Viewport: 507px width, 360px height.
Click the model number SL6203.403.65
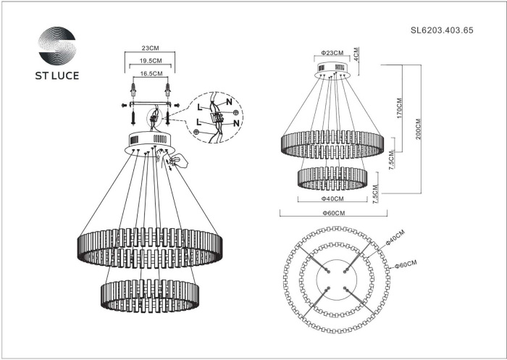tap(442, 30)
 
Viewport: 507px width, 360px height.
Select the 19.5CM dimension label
tap(149, 62)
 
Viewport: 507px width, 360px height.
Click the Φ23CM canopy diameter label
tap(332, 53)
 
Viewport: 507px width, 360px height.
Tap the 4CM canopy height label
tap(357, 54)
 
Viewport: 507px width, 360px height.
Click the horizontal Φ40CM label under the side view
tap(332, 198)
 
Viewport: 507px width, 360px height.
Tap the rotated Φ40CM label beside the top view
tap(395, 239)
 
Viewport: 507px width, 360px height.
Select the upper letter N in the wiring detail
tap(230, 102)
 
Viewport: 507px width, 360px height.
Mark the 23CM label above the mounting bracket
tap(149, 48)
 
